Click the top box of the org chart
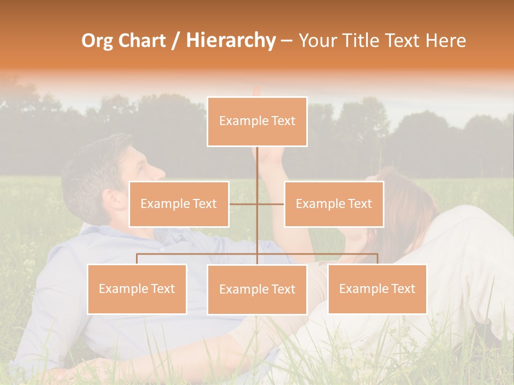[x=257, y=121]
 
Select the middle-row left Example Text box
[x=179, y=204]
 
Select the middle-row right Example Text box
[x=334, y=204]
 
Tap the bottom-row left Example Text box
[x=137, y=289]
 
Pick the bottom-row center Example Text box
[x=257, y=289]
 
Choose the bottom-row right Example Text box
[x=377, y=289]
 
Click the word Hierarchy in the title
[x=231, y=41]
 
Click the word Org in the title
[x=97, y=41]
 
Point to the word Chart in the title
[x=142, y=41]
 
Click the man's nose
[x=159, y=172]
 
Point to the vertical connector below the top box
[x=257, y=166]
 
